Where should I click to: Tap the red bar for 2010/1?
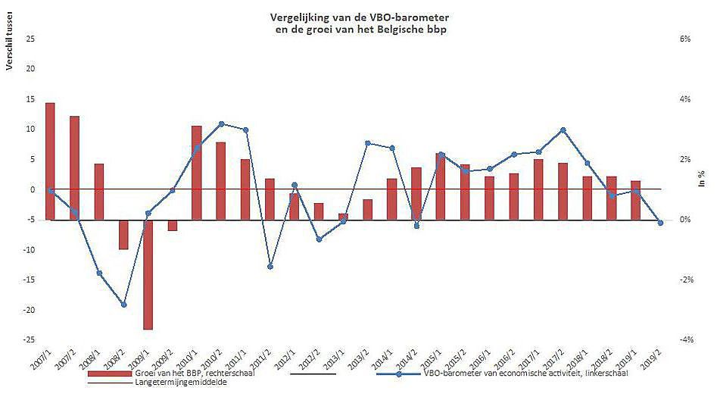pyautogui.click(x=196, y=173)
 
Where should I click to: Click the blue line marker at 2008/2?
pyautogui.click(x=123, y=305)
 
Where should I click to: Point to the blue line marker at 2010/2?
pyautogui.click(x=221, y=123)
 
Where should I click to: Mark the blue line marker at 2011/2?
pyautogui.click(x=270, y=267)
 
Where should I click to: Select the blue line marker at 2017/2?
pyautogui.click(x=563, y=130)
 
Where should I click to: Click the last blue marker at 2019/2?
pyautogui.click(x=660, y=223)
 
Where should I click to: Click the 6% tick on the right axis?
pyautogui.click(x=685, y=39)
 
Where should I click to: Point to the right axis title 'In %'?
pyautogui.click(x=702, y=180)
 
